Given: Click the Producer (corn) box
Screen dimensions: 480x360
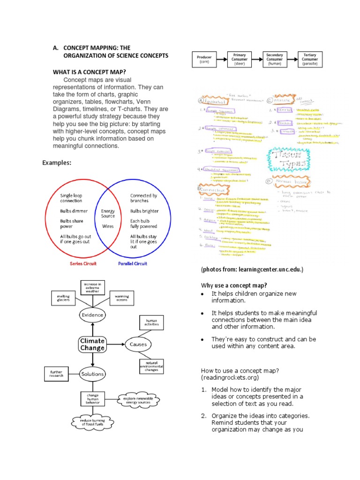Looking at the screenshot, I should tap(204, 60).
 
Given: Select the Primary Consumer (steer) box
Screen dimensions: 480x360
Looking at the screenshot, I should tap(240, 60).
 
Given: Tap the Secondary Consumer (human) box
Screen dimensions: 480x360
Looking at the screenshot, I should tap(274, 60).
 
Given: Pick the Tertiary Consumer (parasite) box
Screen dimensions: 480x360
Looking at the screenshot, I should tap(310, 60).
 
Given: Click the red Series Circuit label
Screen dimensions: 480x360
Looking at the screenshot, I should tap(80, 263).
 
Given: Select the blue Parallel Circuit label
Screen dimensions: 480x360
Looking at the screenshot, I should tap(133, 263).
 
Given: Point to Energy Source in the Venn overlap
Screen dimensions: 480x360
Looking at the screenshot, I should tap(108, 214).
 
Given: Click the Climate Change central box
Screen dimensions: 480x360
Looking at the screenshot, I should tap(92, 345).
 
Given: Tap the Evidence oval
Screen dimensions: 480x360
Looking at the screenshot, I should tap(92, 315).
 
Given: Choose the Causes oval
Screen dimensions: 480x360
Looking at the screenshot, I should tap(138, 344).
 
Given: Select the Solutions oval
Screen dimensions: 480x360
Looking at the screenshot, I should tap(92, 374).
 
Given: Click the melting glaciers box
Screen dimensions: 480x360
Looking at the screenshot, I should tap(63, 298).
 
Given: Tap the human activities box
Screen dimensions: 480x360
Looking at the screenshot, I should tap(152, 322).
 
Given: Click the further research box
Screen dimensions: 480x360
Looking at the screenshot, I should tap(56, 374).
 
